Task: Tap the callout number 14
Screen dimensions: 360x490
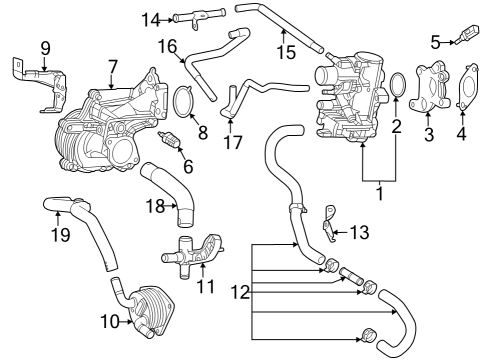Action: pyautogui.click(x=151, y=19)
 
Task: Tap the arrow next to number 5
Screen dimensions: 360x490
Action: pyautogui.click(x=450, y=41)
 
